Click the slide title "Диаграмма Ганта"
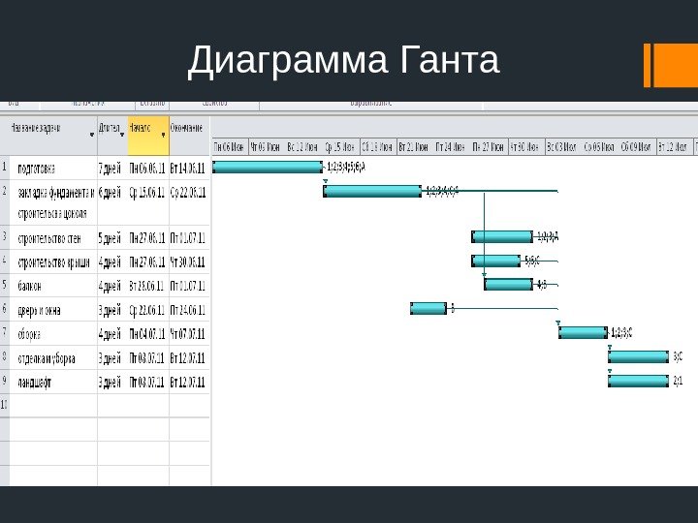pos(344,61)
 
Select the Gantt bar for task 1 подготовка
pos(267,167)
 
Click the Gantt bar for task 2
pos(372,191)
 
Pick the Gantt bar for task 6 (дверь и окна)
pos(428,308)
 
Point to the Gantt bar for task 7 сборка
pos(583,332)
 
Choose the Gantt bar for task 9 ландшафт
pos(638,381)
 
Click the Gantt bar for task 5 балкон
pos(508,285)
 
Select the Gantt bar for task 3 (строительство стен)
pos(502,235)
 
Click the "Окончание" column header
pos(188,128)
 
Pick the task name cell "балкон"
pos(30,286)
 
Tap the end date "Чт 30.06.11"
pos(188,261)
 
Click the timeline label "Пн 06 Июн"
pos(230,147)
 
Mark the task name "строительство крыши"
pos(54,261)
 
